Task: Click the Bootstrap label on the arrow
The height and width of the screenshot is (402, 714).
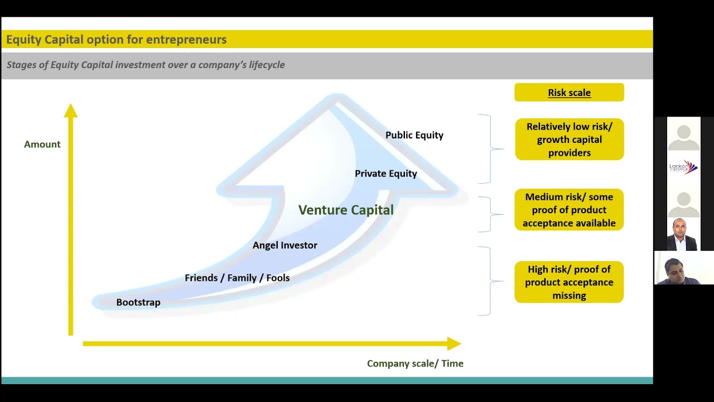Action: point(138,303)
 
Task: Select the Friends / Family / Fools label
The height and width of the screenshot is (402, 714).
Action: point(237,278)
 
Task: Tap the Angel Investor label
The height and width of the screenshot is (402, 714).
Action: point(284,245)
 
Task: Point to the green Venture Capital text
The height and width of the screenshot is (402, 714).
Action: point(346,210)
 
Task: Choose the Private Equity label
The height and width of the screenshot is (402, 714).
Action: point(385,174)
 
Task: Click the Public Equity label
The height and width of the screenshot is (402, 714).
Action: point(414,135)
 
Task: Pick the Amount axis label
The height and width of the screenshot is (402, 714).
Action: point(42,144)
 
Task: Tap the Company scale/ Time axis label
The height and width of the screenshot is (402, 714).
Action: point(415,363)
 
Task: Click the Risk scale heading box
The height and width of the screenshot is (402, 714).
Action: point(569,93)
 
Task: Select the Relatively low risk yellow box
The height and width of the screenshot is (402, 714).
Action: point(569,140)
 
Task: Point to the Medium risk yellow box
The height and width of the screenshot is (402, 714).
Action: point(569,210)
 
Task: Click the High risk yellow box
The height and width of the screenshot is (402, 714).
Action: point(569,283)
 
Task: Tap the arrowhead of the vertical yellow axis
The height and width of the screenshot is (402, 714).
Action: point(71,111)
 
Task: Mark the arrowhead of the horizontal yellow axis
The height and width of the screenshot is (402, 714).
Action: point(454,343)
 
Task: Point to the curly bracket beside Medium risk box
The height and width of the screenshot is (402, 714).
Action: point(491,214)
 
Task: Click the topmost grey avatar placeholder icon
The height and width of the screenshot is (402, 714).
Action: point(683,136)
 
